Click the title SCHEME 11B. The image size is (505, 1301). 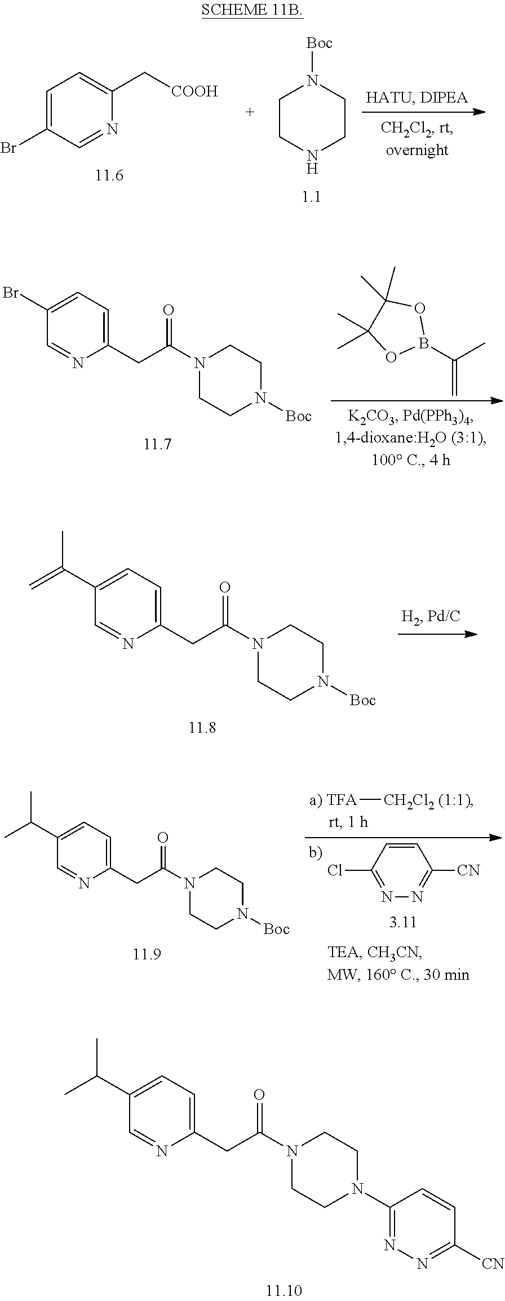click(x=252, y=11)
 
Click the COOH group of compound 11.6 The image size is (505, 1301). click(x=194, y=92)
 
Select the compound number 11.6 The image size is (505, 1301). click(x=109, y=175)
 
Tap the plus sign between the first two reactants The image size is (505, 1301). click(x=250, y=112)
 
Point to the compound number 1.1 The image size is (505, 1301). click(x=311, y=197)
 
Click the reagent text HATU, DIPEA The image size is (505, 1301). click(x=417, y=98)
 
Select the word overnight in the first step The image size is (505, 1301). click(x=417, y=151)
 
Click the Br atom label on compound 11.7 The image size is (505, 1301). click(x=12, y=293)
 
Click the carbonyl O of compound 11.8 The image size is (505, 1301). click(x=225, y=588)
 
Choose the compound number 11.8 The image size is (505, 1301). click(x=202, y=728)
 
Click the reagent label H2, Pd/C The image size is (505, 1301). click(x=431, y=616)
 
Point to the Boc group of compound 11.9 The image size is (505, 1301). click(x=276, y=928)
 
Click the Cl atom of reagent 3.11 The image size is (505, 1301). click(x=335, y=870)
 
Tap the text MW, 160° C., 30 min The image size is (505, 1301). click(x=398, y=975)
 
